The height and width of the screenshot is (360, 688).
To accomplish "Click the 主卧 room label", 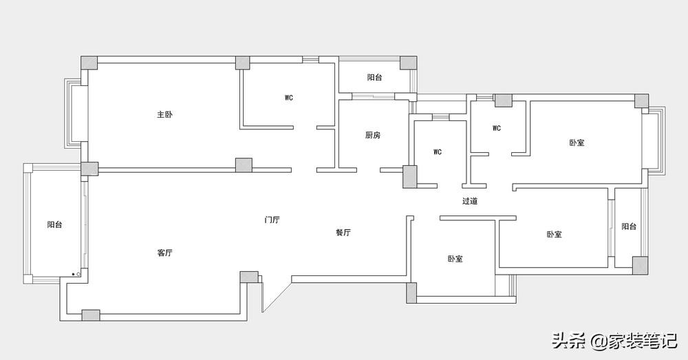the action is pyautogui.click(x=164, y=114).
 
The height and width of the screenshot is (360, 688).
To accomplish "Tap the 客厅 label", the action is pyautogui.click(x=164, y=253).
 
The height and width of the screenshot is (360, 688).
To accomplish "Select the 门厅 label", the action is pyautogui.click(x=272, y=220).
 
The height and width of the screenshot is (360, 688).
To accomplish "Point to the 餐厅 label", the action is pyautogui.click(x=343, y=233).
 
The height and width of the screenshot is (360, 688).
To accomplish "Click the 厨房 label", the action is pyautogui.click(x=372, y=135).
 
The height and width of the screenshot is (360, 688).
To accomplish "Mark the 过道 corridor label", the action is pyautogui.click(x=470, y=201).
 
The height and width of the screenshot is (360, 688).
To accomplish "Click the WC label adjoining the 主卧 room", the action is pyautogui.click(x=289, y=98).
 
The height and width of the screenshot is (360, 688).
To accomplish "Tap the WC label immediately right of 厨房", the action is pyautogui.click(x=438, y=151).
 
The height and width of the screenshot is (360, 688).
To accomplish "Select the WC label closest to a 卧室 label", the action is pyautogui.click(x=497, y=128).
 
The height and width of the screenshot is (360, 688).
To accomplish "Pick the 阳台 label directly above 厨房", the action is pyautogui.click(x=374, y=77).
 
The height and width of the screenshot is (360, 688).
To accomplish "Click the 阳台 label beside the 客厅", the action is pyautogui.click(x=55, y=224).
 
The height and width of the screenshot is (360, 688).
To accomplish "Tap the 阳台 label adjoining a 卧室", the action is pyautogui.click(x=629, y=226).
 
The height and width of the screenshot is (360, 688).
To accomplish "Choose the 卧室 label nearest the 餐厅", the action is pyautogui.click(x=455, y=259).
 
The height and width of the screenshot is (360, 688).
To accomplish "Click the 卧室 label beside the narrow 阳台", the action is pyautogui.click(x=554, y=234).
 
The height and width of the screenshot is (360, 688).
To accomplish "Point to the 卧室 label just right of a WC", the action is pyautogui.click(x=577, y=142).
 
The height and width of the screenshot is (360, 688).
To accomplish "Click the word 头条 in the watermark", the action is pyautogui.click(x=568, y=340).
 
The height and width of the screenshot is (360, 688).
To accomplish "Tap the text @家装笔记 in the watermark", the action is pyautogui.click(x=634, y=340).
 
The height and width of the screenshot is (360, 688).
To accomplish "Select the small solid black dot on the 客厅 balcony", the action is pyautogui.click(x=73, y=275).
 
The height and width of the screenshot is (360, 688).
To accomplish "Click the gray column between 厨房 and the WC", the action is pyautogui.click(x=409, y=177).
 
